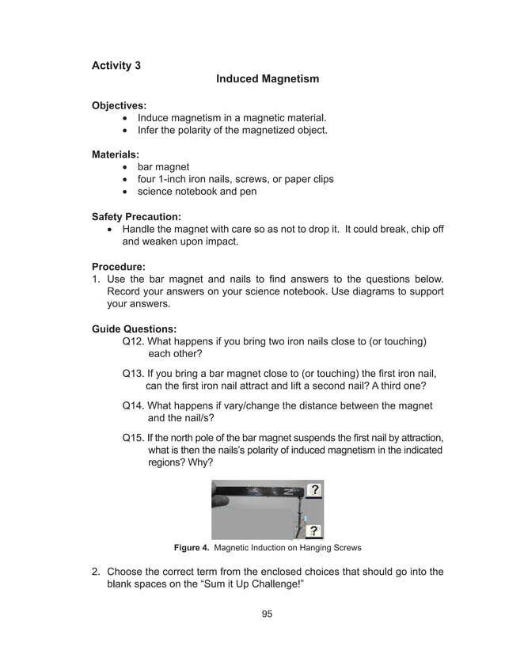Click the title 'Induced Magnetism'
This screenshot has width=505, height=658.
[268, 79]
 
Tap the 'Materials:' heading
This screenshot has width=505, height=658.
[116, 154]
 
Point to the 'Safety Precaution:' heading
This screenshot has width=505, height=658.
[136, 216]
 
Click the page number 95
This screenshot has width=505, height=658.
[267, 614]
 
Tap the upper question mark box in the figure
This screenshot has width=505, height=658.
[314, 490]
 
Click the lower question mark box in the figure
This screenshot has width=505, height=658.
[313, 531]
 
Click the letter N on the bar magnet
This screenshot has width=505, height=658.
[283, 492]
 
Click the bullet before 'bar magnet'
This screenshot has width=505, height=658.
[127, 167]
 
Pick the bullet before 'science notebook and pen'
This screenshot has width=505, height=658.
[127, 192]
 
